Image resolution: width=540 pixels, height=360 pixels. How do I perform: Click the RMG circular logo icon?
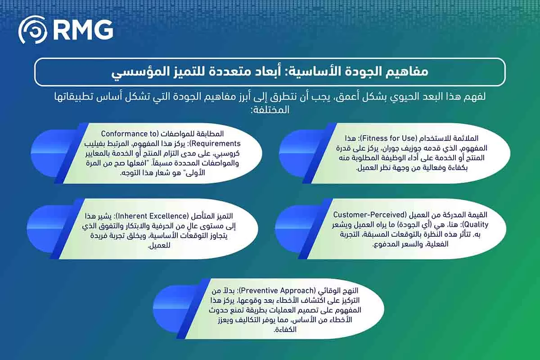click(x=33, y=31)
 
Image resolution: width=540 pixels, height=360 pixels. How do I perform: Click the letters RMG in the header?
click(x=83, y=31)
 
